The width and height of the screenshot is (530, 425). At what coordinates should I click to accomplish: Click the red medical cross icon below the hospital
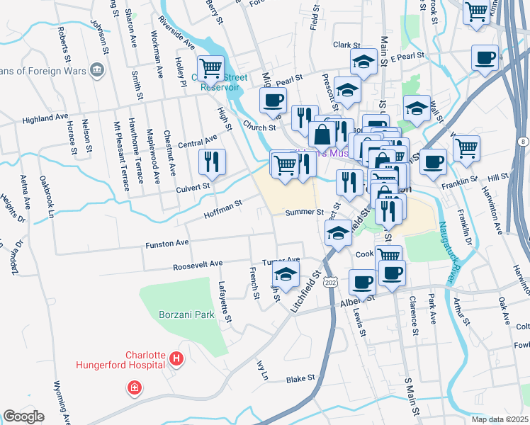pyautogui.click(x=133, y=387)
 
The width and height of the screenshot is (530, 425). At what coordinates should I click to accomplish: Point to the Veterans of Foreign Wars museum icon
pyautogui.click(x=97, y=69)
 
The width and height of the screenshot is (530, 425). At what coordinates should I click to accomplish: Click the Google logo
pyautogui.click(x=23, y=416)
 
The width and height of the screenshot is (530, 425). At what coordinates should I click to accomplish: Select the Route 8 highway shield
pyautogui.click(x=522, y=142)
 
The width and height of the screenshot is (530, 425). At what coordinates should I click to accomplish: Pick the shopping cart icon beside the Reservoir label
pyautogui.click(x=210, y=69)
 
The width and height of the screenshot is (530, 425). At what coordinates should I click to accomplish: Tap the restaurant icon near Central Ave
pyautogui.click(x=211, y=162)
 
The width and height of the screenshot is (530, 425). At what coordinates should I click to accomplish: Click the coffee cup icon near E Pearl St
pyautogui.click(x=485, y=58)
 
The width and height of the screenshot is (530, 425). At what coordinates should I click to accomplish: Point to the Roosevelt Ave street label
pyautogui.click(x=198, y=265)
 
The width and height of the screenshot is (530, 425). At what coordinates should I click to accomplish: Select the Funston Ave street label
pyautogui.click(x=167, y=243)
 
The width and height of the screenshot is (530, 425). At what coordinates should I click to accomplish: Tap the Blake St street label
pyautogui.click(x=300, y=380)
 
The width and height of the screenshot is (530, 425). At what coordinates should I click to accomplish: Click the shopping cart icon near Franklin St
pyautogui.click(x=466, y=148)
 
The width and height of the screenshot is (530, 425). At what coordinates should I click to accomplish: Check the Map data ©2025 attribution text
pyautogui.click(x=499, y=419)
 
